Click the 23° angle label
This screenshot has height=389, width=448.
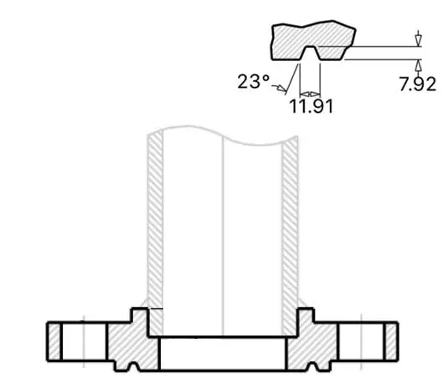253,81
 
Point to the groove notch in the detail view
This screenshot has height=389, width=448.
309,54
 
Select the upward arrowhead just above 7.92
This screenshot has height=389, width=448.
417,64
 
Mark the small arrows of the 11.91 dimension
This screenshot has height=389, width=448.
310,92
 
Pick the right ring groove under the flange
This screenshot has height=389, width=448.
316,365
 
